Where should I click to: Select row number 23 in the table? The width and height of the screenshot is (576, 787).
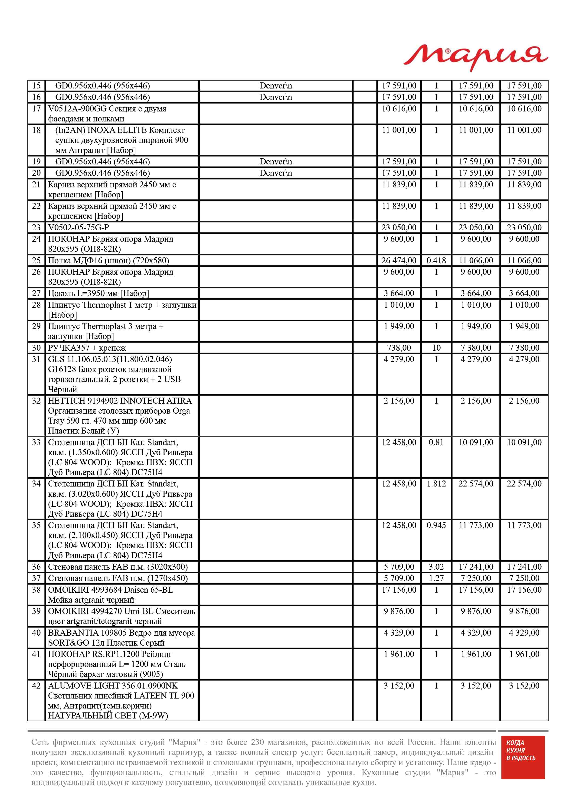(36, 228)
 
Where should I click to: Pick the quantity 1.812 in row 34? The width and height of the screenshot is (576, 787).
(436, 484)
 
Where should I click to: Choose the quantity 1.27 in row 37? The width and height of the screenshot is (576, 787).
(436, 578)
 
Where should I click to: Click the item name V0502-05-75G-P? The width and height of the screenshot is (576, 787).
(79, 228)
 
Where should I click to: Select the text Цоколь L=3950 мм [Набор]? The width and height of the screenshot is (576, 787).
(98, 294)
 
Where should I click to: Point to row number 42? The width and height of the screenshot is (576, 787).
(36, 686)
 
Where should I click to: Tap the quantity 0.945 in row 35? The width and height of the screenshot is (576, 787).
(436, 525)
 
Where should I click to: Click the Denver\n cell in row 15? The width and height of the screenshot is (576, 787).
(275, 86)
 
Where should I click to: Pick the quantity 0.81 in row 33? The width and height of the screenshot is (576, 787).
(436, 442)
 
